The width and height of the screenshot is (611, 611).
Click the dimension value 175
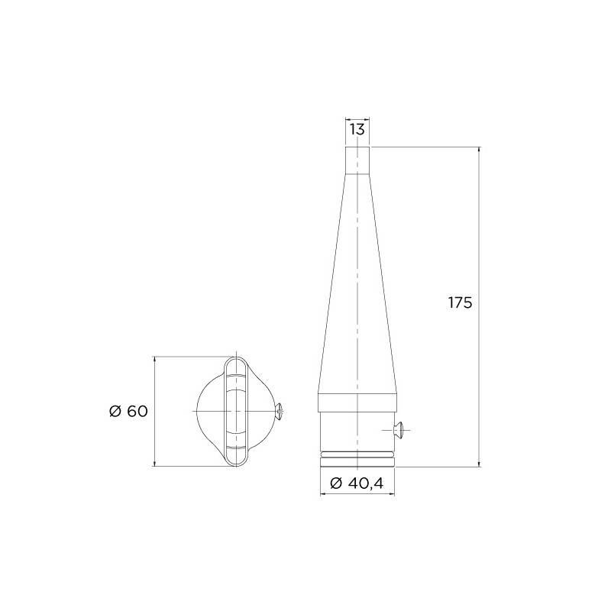click(460, 302)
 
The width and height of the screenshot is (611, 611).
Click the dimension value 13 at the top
click(357, 129)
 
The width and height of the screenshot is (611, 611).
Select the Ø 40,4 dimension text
click(357, 483)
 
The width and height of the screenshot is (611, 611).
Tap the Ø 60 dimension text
click(128, 411)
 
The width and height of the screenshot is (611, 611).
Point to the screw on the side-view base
click(399, 430)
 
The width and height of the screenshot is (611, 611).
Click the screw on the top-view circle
click(280, 412)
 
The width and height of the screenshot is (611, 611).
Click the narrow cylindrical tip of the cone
click(357, 160)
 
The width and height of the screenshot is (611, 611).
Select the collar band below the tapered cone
click(357, 402)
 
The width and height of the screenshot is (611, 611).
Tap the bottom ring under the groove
click(357, 462)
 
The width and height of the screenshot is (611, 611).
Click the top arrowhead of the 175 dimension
click(480, 150)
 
